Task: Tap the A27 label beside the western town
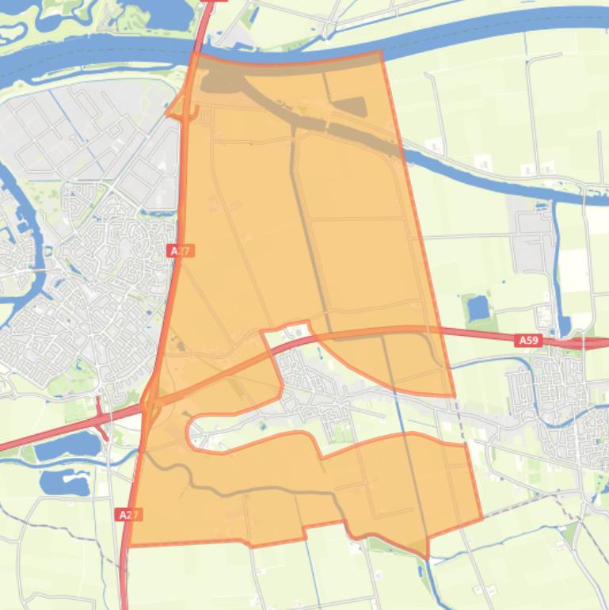click(x=181, y=250)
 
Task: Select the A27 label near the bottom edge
click(x=128, y=515)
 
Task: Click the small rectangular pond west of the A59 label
click(x=478, y=307)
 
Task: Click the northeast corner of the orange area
click(x=381, y=52)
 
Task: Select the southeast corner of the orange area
click(x=481, y=519)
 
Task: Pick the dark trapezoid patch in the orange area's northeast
click(x=347, y=107)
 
